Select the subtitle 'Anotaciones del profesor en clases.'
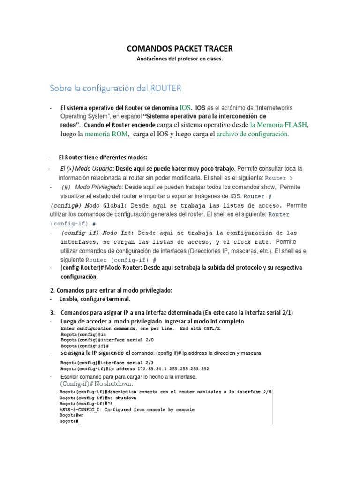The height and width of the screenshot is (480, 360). pos(180,59)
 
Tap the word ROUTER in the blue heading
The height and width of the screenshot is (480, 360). pos(166,88)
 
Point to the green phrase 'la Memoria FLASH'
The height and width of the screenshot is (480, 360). pos(279,125)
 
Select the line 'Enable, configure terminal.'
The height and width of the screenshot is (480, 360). pos(95,299)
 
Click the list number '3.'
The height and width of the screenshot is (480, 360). pos(52,312)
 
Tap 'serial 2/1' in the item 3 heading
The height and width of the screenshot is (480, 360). pos(283,312)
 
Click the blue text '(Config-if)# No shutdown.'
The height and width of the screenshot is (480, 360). pos(93,384)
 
